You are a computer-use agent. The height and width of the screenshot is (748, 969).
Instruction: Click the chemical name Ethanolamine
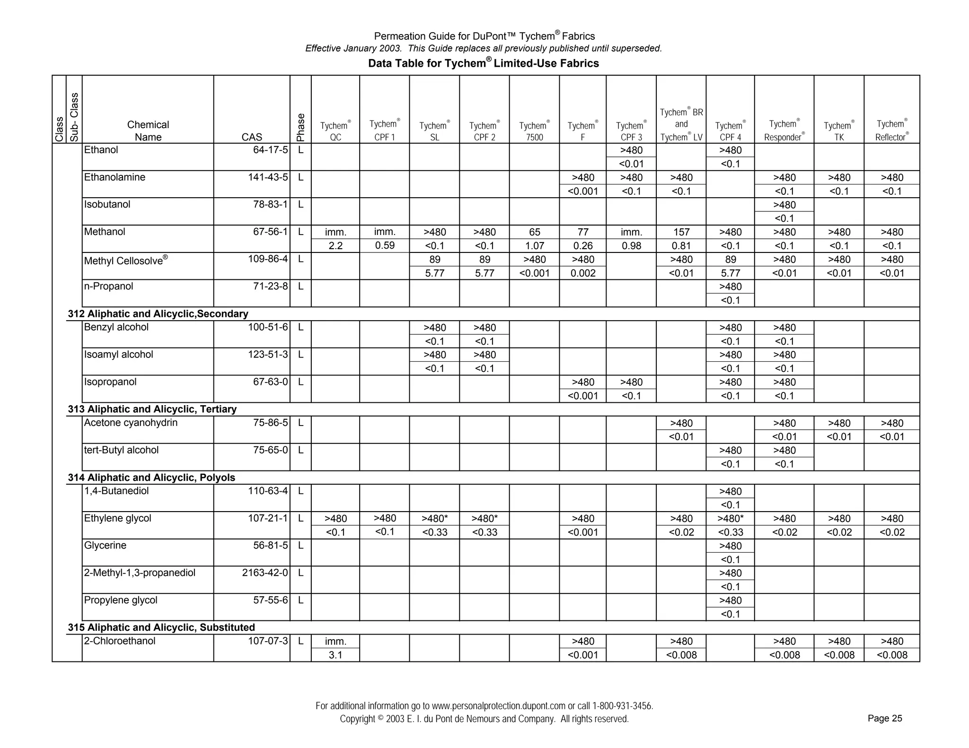tap(115, 177)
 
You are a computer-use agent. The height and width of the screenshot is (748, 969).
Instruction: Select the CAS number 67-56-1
tap(270, 232)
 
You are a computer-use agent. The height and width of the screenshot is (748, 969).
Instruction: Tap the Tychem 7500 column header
tap(534, 131)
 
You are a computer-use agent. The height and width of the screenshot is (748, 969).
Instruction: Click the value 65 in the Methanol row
tap(534, 232)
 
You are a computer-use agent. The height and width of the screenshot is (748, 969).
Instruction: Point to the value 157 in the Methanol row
tap(681, 232)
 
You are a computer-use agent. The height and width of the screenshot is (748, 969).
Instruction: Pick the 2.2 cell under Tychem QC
tap(335, 246)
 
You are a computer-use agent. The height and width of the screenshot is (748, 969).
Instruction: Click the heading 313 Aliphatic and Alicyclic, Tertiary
tap(152, 409)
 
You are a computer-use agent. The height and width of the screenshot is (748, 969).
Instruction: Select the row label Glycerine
tap(105, 546)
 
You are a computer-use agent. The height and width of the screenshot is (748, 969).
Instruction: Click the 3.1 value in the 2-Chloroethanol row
tap(335, 655)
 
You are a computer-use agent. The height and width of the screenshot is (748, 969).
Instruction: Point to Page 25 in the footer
tap(884, 719)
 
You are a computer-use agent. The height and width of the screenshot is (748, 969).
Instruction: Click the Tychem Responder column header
tap(784, 130)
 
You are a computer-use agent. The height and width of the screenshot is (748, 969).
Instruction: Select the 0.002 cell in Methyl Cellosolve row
tap(582, 273)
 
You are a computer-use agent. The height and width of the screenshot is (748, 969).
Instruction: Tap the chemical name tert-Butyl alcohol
tap(121, 450)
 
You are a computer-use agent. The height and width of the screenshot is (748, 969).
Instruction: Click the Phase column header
tap(300, 127)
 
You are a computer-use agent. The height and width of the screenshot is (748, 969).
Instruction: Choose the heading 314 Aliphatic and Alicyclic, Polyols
tap(151, 478)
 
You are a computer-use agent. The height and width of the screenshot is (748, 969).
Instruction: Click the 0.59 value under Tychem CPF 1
tap(384, 245)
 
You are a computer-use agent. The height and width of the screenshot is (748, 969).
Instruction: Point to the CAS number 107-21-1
tap(267, 518)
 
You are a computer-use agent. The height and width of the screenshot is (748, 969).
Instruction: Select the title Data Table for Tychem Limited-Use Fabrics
tap(483, 63)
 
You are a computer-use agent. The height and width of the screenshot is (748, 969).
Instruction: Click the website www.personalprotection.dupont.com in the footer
tap(498, 706)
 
